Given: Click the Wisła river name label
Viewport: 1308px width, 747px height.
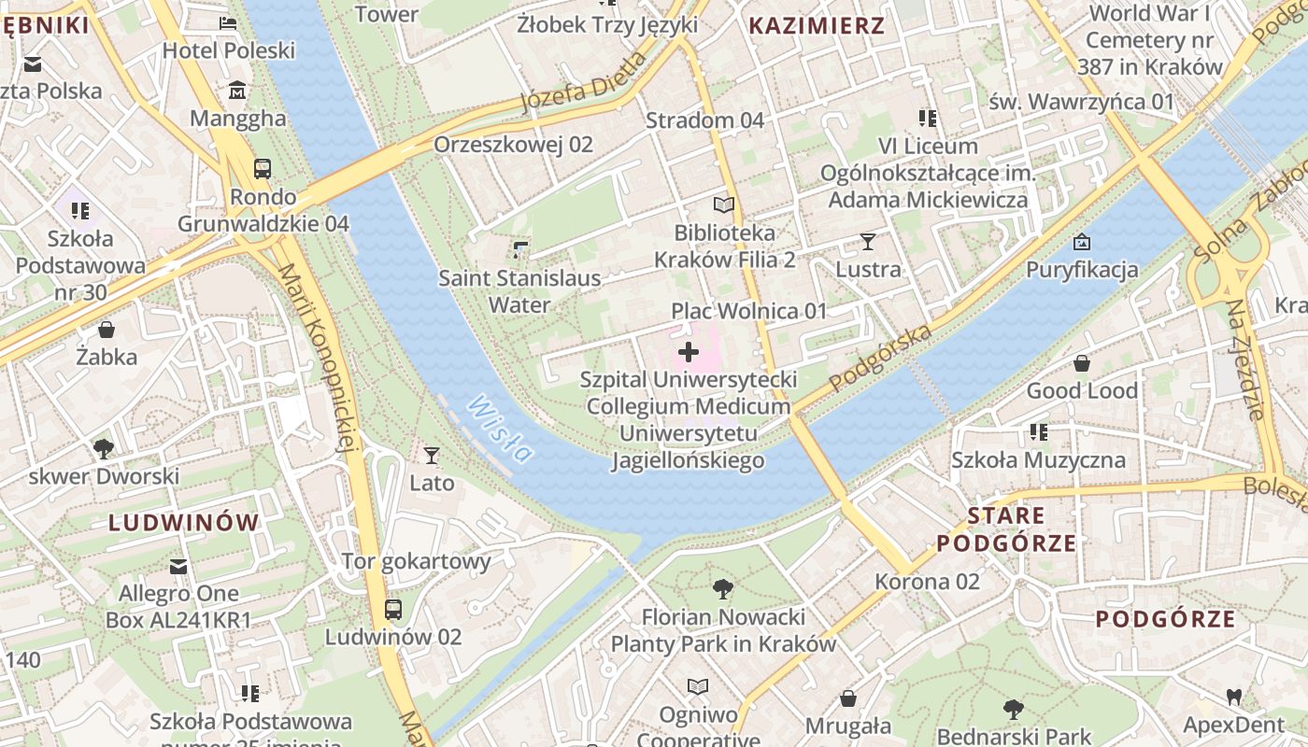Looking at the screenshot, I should coord(500,430).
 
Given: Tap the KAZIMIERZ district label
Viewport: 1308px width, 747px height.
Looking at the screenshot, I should coord(817,25).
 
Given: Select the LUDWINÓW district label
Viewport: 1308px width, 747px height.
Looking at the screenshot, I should coord(183,522).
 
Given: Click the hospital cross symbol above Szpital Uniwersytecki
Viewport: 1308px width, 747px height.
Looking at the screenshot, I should coord(689,352).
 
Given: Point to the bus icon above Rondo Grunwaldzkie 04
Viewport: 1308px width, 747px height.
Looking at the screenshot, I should coord(263,169).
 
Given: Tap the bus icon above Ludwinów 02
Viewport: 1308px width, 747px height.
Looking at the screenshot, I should coord(393,610).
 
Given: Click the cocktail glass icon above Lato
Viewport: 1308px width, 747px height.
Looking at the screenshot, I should coord(432,456).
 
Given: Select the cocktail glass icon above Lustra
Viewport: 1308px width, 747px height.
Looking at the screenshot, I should coord(868,242).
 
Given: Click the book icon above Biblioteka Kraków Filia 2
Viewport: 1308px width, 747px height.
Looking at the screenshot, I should coord(724,204).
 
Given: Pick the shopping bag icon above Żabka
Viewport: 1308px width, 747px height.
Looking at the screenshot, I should coord(107,330).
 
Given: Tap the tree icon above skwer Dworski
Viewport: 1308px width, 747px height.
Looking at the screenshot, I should coord(104,449).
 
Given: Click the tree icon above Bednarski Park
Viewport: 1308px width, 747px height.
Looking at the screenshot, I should coord(1013,710).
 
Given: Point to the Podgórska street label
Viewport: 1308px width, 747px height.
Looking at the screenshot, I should coord(880,359).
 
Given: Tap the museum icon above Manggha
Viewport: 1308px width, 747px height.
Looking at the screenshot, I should coord(237,91).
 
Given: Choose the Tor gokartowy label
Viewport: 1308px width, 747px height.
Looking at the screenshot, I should coord(416,561).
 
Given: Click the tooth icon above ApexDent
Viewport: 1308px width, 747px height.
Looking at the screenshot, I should coord(1233,697).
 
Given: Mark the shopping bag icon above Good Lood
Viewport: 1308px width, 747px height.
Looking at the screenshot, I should coord(1082,362).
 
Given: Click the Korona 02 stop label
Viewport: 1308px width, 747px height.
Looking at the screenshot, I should coord(927,582).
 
